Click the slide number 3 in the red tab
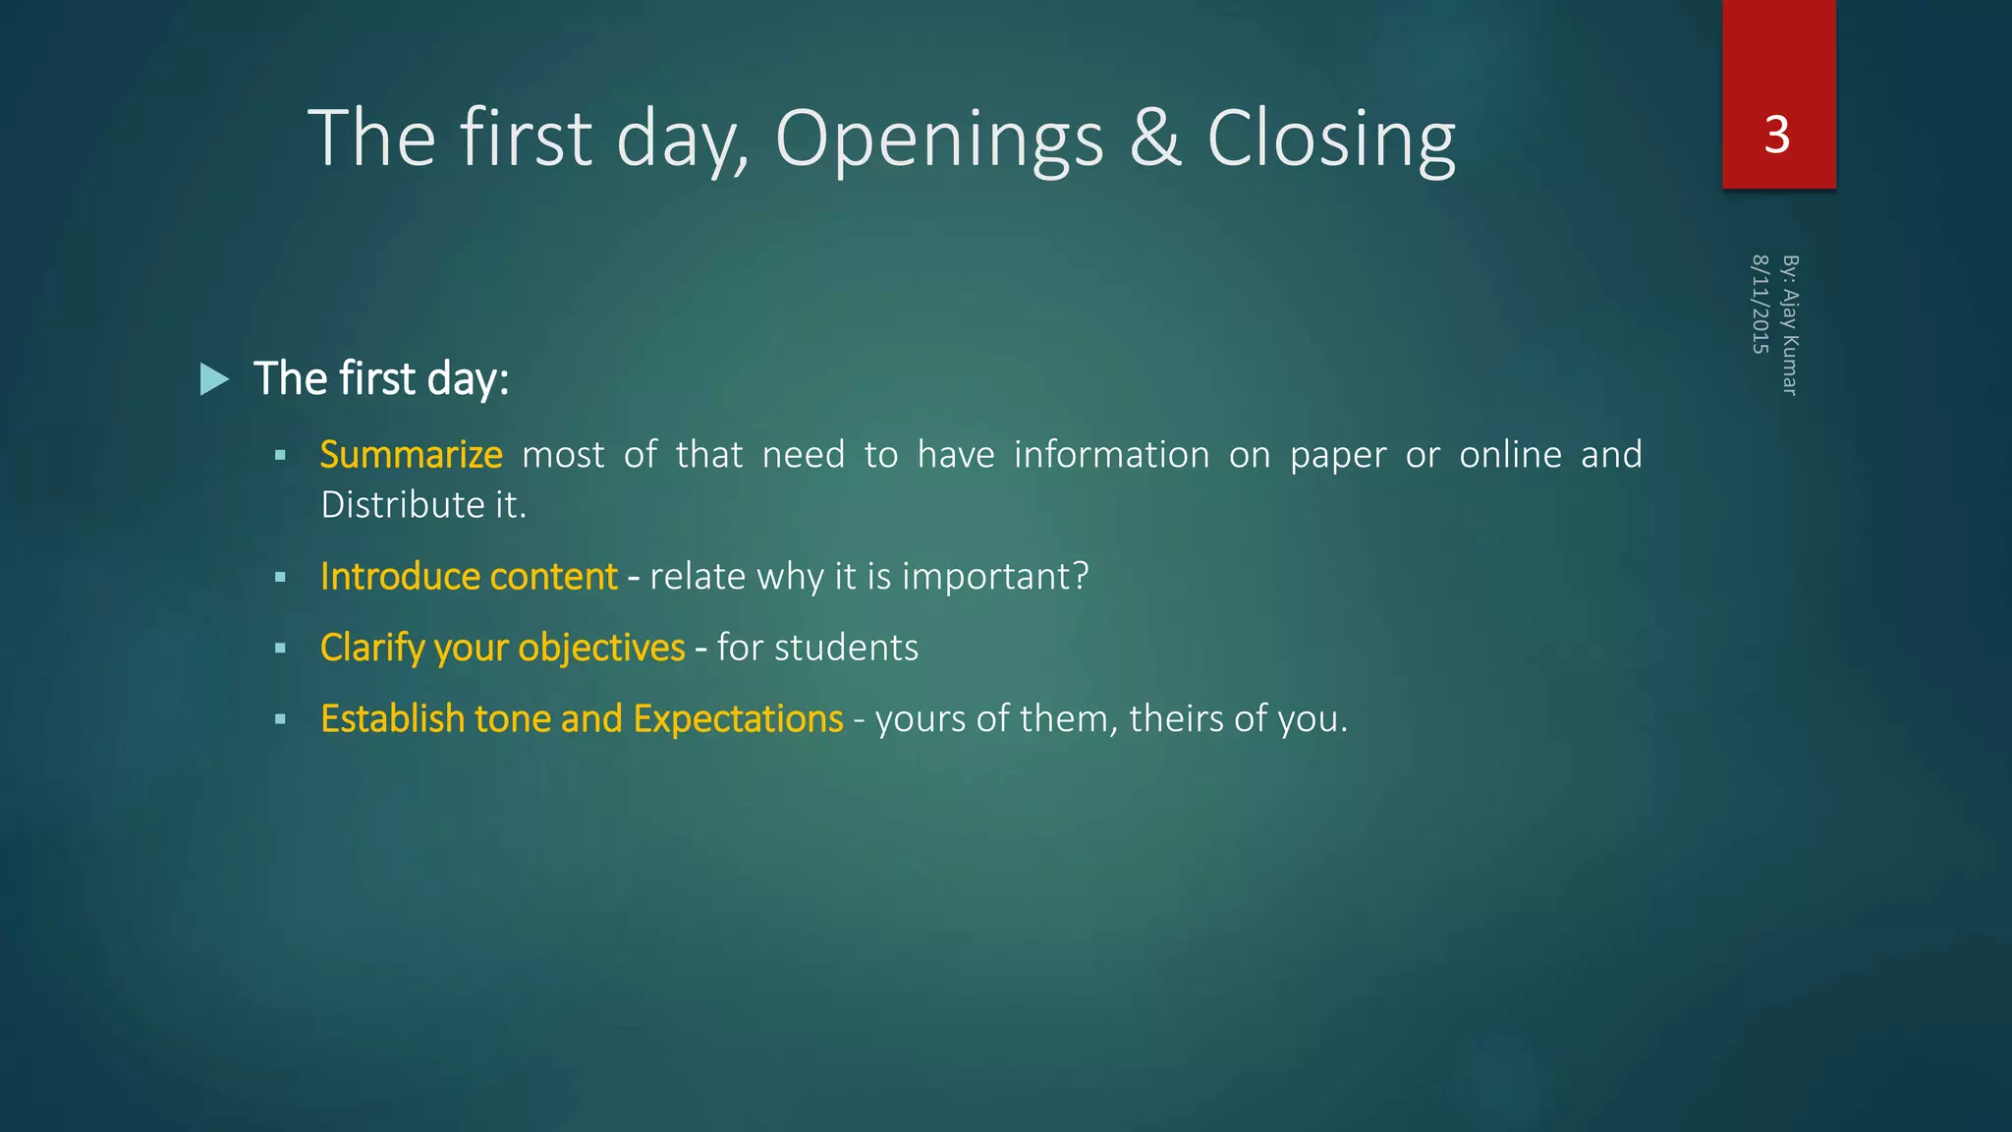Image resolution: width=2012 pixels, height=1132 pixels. (1776, 135)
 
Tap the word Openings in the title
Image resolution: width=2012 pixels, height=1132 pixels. (939, 140)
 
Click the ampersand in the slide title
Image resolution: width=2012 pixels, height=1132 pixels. (1154, 139)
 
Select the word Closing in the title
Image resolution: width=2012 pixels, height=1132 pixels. (1330, 140)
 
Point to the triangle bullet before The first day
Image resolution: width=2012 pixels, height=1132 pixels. (214, 379)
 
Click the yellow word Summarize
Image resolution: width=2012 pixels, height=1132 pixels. (411, 455)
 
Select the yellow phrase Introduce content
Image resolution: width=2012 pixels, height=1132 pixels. (469, 577)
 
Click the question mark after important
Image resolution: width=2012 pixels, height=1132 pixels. (1081, 577)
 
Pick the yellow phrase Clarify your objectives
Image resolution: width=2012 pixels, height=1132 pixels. (502, 649)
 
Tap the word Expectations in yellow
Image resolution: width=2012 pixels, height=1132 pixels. (738, 719)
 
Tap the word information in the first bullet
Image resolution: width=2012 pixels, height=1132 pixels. (1111, 455)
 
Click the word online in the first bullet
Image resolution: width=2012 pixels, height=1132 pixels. (1510, 455)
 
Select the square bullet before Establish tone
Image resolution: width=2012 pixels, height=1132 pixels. (281, 720)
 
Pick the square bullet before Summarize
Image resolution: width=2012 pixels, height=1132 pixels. (281, 456)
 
